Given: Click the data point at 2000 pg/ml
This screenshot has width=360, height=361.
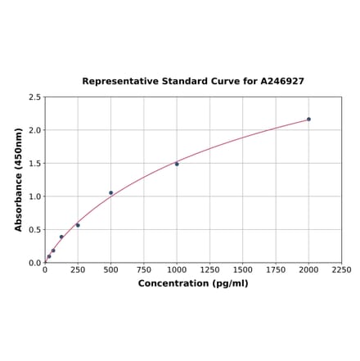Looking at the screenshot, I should [308, 120].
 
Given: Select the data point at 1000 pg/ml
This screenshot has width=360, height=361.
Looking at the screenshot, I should [177, 164].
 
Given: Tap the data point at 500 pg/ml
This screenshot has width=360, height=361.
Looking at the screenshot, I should [111, 193].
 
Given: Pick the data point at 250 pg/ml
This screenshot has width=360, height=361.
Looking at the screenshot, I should [78, 225].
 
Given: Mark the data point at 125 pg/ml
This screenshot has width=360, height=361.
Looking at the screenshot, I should [61, 237].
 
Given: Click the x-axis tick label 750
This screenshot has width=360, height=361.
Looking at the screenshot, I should [143, 270].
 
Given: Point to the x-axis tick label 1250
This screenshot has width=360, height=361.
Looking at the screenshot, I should [209, 270].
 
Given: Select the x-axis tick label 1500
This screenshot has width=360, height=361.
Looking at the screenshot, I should [242, 270].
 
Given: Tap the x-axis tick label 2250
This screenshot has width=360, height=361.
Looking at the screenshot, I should [341, 270].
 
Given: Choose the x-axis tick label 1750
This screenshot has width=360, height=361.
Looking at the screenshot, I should [276, 270].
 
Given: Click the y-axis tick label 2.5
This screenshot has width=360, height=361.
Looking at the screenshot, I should [34, 97].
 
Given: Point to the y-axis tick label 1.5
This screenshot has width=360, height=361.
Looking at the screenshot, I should [34, 164].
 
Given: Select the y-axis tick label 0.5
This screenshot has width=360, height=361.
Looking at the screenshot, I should [34, 230].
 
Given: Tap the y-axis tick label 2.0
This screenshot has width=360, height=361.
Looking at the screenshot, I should [34, 131].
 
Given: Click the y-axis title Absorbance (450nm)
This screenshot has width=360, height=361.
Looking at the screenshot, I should [19, 179].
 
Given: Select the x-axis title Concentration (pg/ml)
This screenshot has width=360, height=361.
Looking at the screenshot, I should [193, 284].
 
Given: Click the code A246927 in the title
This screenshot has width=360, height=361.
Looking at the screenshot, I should [282, 82].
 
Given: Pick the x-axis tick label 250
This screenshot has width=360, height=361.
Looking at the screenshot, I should [78, 270].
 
